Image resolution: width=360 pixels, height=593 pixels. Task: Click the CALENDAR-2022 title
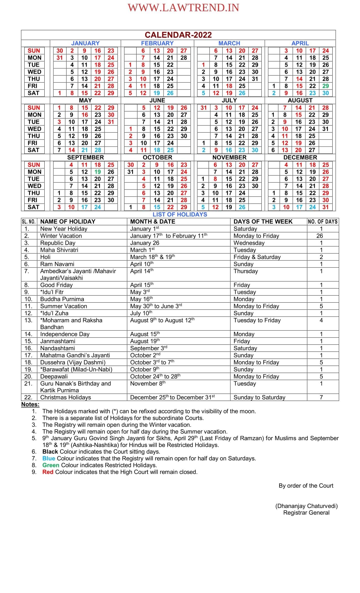coord(178,35)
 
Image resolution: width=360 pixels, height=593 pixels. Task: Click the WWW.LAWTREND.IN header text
coord(183,8)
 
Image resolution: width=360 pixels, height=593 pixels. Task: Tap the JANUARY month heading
coord(85,43)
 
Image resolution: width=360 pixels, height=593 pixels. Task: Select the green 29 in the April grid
coord(325,86)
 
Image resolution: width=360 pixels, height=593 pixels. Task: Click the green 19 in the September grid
coord(97,172)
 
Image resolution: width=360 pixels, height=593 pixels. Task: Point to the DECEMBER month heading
coord(300,157)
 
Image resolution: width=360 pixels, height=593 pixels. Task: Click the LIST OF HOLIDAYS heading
coord(180,214)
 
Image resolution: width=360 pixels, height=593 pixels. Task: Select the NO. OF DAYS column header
coord(322,221)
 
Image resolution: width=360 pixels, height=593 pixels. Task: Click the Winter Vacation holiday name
coord(61,236)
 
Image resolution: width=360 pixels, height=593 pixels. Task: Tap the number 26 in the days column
coord(320,236)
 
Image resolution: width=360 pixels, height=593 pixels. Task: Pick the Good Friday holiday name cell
coord(56,285)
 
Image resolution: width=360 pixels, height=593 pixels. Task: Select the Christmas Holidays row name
coord(66,397)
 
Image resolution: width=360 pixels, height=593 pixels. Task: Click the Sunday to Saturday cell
coord(259,397)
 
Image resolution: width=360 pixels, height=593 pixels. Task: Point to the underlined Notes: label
coord(30,404)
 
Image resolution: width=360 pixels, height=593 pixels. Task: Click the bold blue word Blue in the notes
coord(49,458)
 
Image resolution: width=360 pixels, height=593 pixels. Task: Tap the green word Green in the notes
coord(51,465)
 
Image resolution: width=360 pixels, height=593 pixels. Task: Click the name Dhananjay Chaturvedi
coord(306,506)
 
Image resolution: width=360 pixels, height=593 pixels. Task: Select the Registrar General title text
coord(306,513)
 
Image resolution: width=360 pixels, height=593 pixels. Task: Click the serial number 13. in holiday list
coord(29,320)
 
